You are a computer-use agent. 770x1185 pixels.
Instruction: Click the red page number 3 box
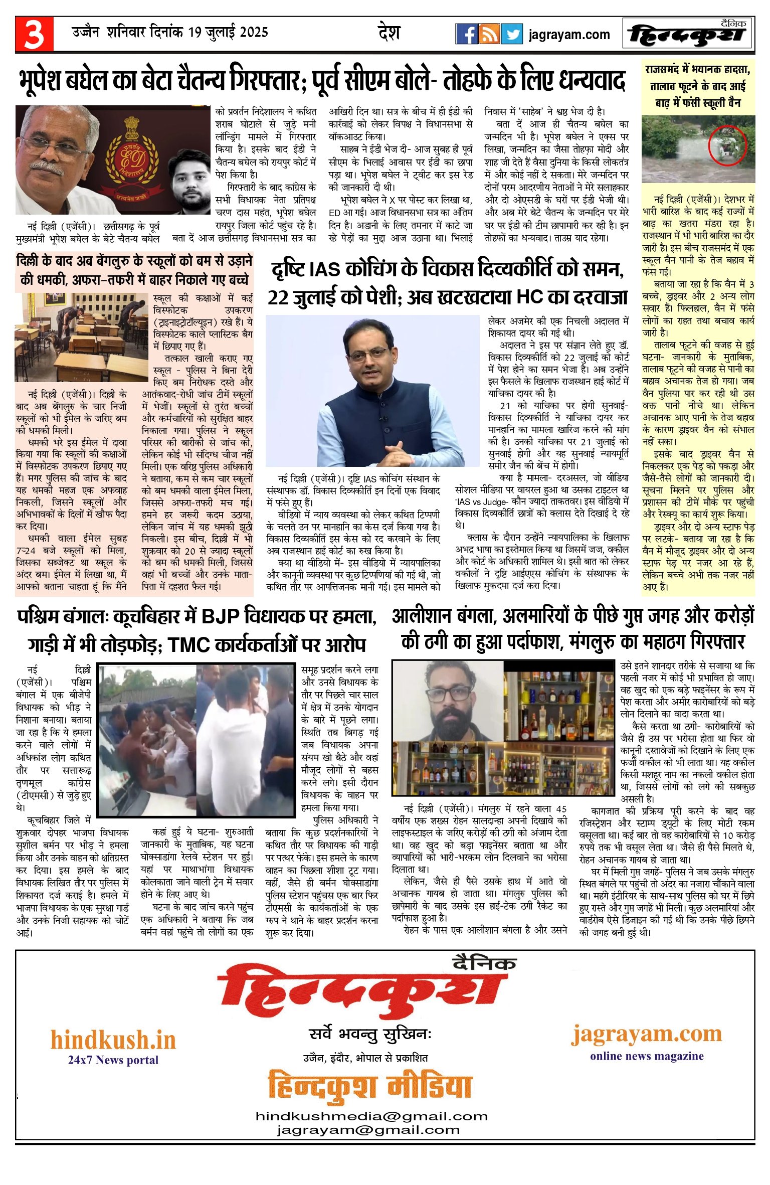coord(34,34)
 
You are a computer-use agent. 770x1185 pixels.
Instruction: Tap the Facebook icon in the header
coord(466,34)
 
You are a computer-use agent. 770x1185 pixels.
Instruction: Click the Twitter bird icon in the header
coord(512,34)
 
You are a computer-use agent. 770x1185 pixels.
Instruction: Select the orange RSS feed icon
coord(489,34)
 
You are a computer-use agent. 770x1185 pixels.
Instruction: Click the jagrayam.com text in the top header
coord(569,35)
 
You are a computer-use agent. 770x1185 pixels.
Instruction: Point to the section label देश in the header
coord(389,33)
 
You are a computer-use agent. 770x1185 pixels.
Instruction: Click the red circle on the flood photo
coord(727,145)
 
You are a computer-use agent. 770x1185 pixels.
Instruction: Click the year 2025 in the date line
coord(254,33)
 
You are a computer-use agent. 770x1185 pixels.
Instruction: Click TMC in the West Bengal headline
coord(189,645)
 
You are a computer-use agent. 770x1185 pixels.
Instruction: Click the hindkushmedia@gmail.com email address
coord(371,1116)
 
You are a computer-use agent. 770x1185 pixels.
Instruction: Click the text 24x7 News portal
coord(113,1060)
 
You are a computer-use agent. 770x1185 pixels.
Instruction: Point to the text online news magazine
coord(647,1056)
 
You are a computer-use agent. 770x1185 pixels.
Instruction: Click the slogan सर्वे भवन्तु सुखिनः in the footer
coord(370,1034)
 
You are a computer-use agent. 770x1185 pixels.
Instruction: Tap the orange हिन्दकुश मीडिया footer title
coord(370,1087)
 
